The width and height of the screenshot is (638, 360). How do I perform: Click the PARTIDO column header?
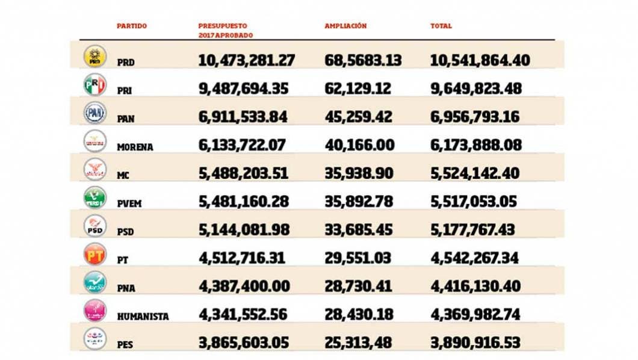point(132,26)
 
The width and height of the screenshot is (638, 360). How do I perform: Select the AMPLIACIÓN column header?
point(345,26)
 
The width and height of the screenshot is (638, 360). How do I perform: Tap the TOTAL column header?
point(441,26)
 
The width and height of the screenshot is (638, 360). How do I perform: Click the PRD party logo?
point(94,56)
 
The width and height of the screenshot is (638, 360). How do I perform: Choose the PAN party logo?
point(94,113)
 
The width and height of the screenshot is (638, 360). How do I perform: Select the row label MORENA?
point(135,147)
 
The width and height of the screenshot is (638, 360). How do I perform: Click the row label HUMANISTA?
point(143,317)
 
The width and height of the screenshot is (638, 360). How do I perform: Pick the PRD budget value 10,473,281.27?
point(247,60)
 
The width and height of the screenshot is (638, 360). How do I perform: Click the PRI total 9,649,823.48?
point(475,89)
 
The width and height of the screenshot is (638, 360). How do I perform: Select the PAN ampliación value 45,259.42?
point(359,117)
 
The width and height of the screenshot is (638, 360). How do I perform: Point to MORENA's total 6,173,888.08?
point(475,145)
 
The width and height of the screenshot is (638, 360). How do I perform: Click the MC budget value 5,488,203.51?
point(243,173)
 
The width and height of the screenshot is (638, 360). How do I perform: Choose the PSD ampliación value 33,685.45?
point(359,230)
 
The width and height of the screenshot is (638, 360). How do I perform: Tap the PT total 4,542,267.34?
point(475,258)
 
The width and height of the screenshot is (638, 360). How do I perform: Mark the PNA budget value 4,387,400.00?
point(243,287)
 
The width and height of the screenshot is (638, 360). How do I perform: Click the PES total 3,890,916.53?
point(475,343)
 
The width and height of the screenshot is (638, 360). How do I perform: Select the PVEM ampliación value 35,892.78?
point(359,202)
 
